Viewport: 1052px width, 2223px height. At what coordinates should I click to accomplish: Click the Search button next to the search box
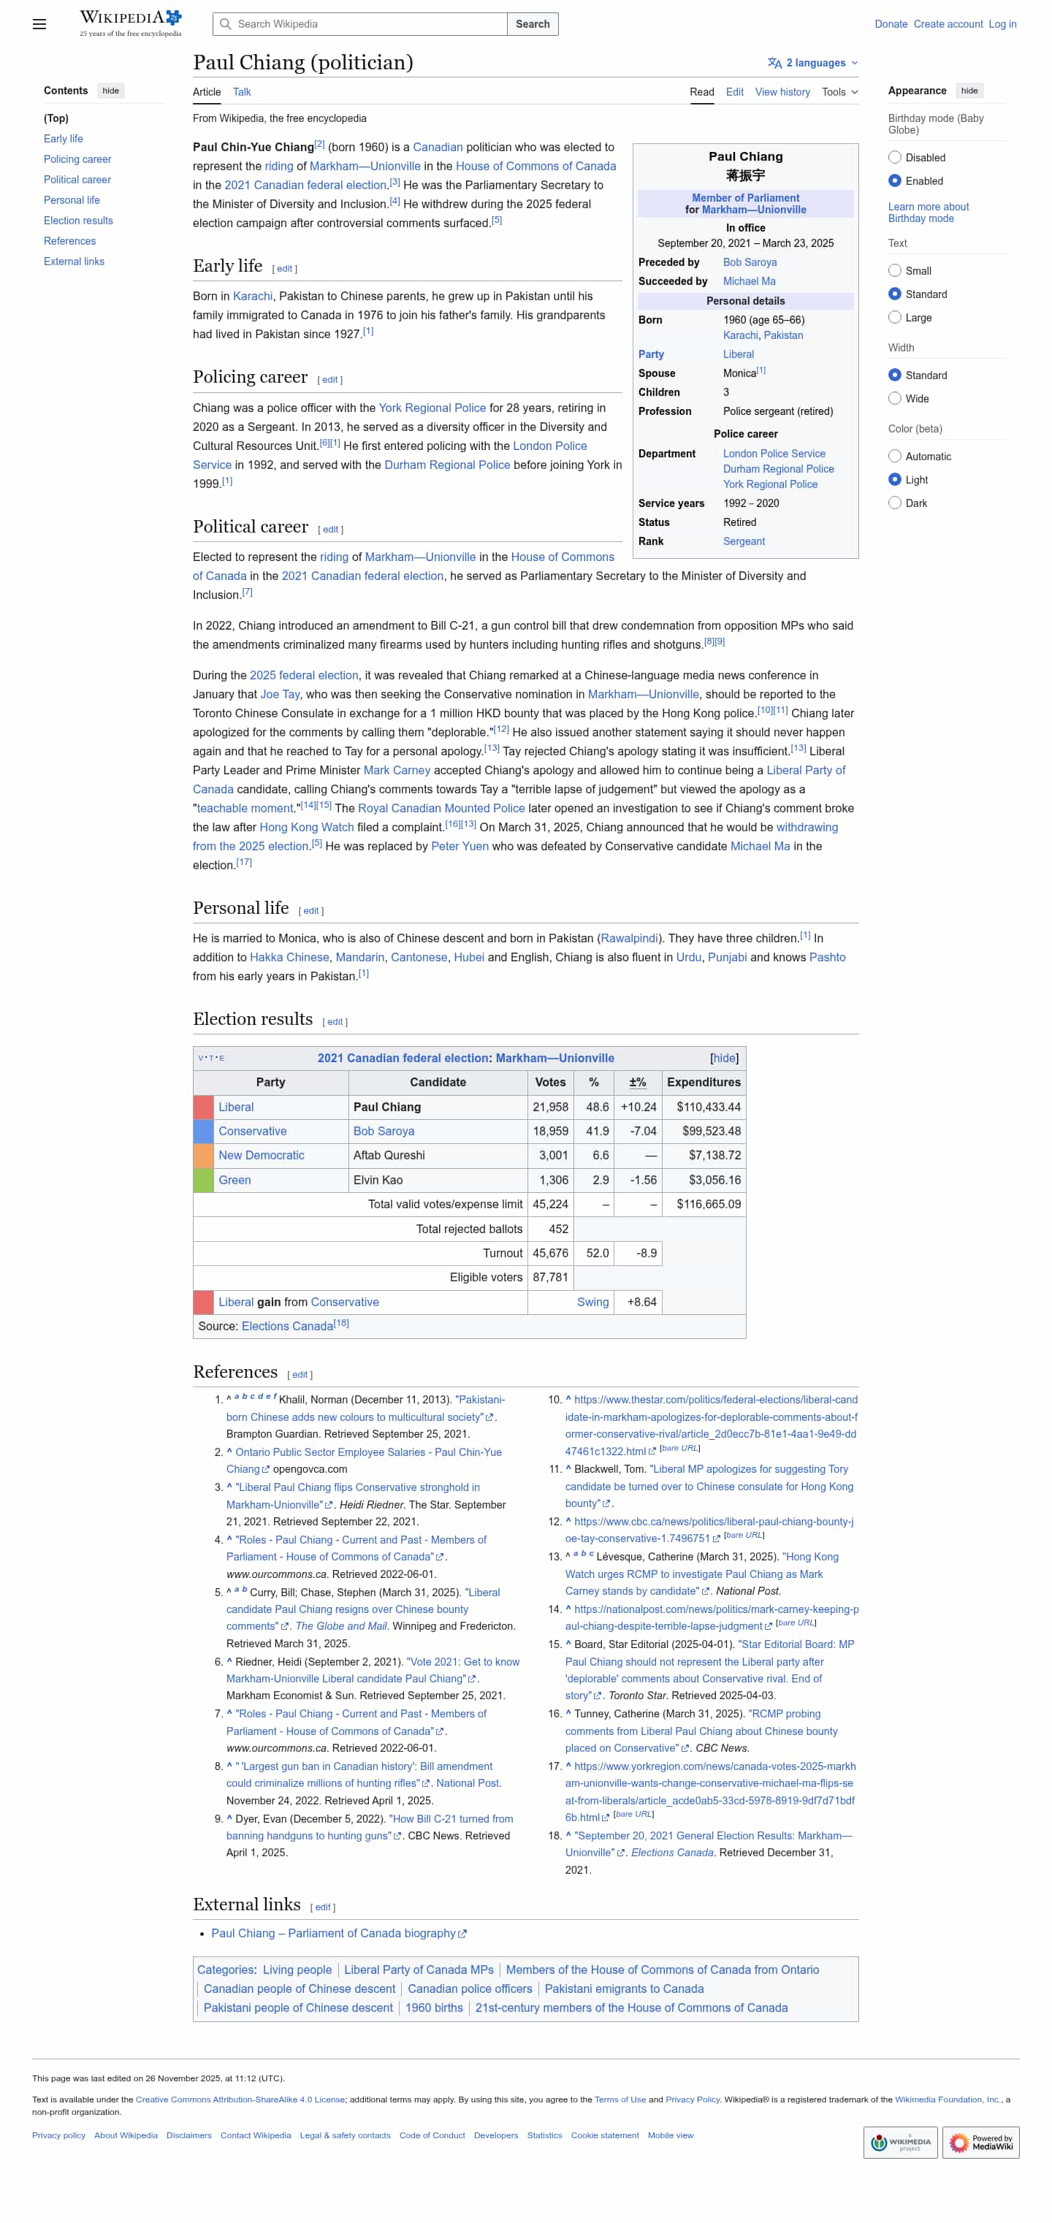532,24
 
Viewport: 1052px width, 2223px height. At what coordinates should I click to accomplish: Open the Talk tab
242,92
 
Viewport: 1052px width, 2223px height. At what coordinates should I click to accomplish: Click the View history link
781,92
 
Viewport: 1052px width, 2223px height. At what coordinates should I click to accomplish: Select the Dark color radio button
894,503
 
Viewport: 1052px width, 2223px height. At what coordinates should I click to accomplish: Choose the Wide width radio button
894,399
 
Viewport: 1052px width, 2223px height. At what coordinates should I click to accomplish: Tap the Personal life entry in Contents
72,200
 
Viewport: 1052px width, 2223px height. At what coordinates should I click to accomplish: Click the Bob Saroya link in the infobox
749,262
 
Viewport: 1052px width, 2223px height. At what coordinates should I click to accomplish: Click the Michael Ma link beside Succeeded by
748,281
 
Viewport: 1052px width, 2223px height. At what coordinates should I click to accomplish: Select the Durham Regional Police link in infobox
777,470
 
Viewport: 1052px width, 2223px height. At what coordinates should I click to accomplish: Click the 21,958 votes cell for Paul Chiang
549,1107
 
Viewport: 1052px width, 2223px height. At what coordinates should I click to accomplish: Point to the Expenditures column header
703,1082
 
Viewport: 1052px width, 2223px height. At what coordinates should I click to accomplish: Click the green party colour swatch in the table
203,1180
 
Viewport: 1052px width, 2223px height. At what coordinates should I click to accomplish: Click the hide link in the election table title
723,1058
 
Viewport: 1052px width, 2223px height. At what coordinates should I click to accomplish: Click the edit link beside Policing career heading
329,380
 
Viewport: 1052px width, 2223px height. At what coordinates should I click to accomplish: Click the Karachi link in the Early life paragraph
252,296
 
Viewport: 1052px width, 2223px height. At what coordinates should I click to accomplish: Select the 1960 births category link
433,2008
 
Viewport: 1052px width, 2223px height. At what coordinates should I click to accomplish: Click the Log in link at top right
1001,24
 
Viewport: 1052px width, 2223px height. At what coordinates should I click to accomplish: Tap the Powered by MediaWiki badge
980,2142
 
